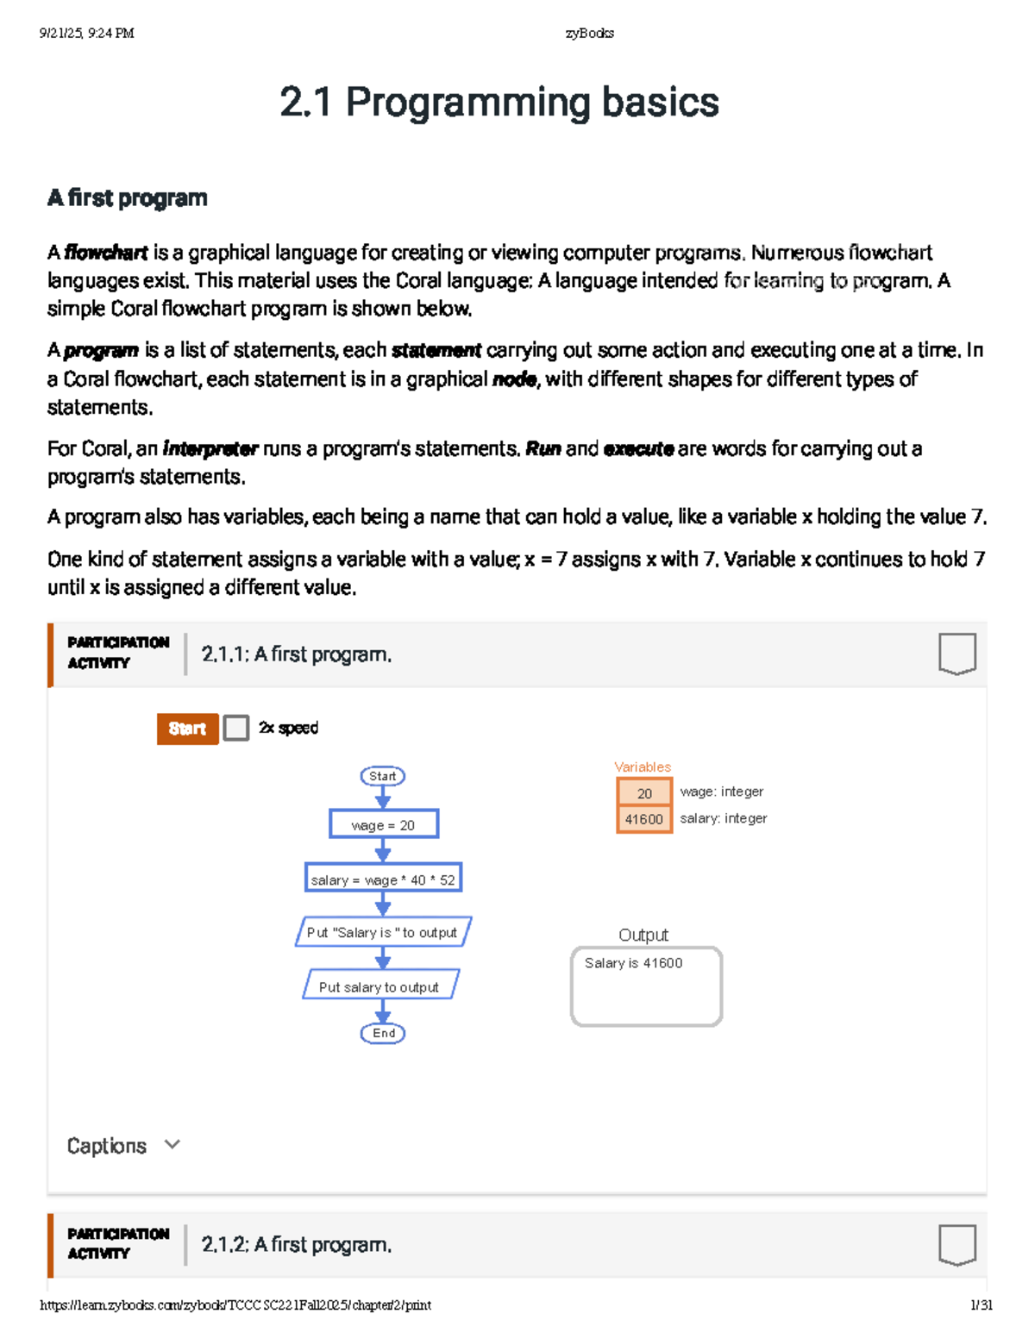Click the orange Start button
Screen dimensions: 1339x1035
point(187,729)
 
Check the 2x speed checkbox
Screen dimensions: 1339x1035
point(235,728)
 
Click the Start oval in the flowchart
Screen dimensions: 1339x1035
point(382,776)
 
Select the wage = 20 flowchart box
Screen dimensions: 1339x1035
point(383,824)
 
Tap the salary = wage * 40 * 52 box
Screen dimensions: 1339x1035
point(383,879)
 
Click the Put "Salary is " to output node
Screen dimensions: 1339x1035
point(383,932)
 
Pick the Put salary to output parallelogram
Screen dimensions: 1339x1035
point(380,986)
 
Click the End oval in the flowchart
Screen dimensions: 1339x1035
point(383,1033)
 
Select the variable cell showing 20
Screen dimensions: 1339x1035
point(644,792)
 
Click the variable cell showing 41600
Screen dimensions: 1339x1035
point(644,819)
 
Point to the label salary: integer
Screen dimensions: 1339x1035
point(723,818)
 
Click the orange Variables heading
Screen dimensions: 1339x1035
point(642,766)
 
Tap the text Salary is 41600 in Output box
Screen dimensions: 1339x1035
point(633,963)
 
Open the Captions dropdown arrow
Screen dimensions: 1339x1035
point(172,1144)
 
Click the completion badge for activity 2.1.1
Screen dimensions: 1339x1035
point(957,654)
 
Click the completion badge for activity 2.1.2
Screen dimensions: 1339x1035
point(957,1244)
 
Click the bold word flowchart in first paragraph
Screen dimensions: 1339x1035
point(105,253)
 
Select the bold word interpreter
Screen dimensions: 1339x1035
point(210,449)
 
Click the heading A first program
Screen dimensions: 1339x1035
point(127,197)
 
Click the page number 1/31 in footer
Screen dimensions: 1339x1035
point(981,1305)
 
